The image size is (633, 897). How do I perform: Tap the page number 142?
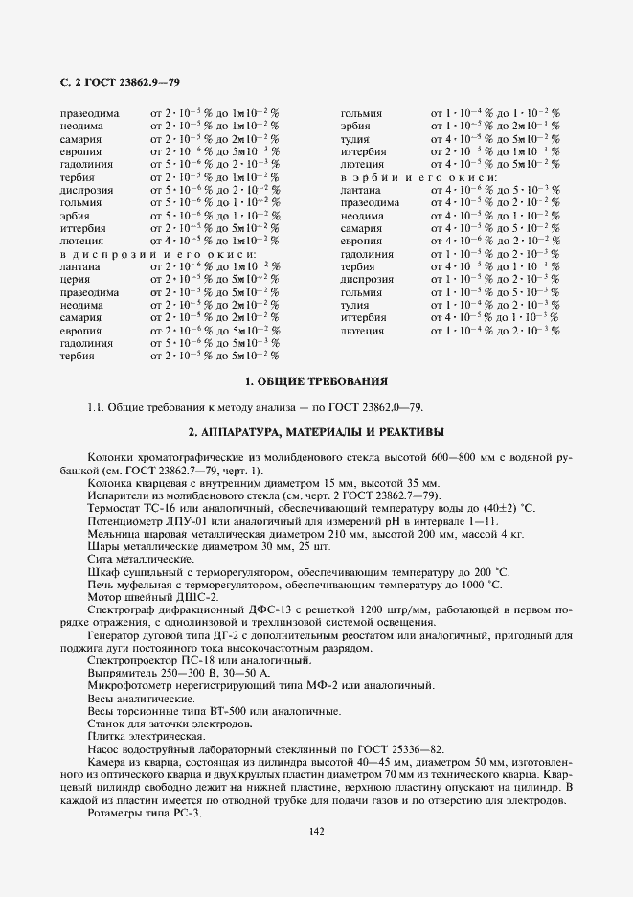coord(315,831)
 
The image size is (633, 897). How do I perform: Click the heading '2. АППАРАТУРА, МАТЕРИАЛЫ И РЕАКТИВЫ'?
coord(315,431)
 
